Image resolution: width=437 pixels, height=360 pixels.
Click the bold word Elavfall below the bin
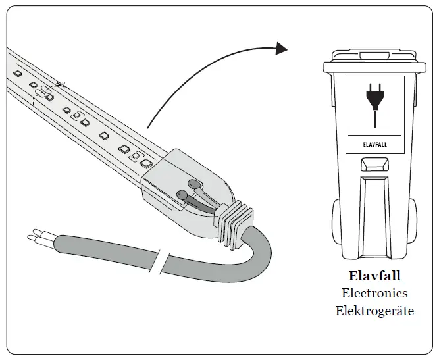pyautogui.click(x=374, y=276)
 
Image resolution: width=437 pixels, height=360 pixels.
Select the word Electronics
pyautogui.click(x=374, y=294)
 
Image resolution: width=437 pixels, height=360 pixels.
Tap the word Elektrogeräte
pyautogui.click(x=374, y=311)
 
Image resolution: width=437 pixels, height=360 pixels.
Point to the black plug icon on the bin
pyautogui.click(x=374, y=102)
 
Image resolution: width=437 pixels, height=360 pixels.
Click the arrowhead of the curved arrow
pyautogui.click(x=282, y=48)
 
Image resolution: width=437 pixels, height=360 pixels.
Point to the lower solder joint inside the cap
pyautogui.click(x=182, y=195)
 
